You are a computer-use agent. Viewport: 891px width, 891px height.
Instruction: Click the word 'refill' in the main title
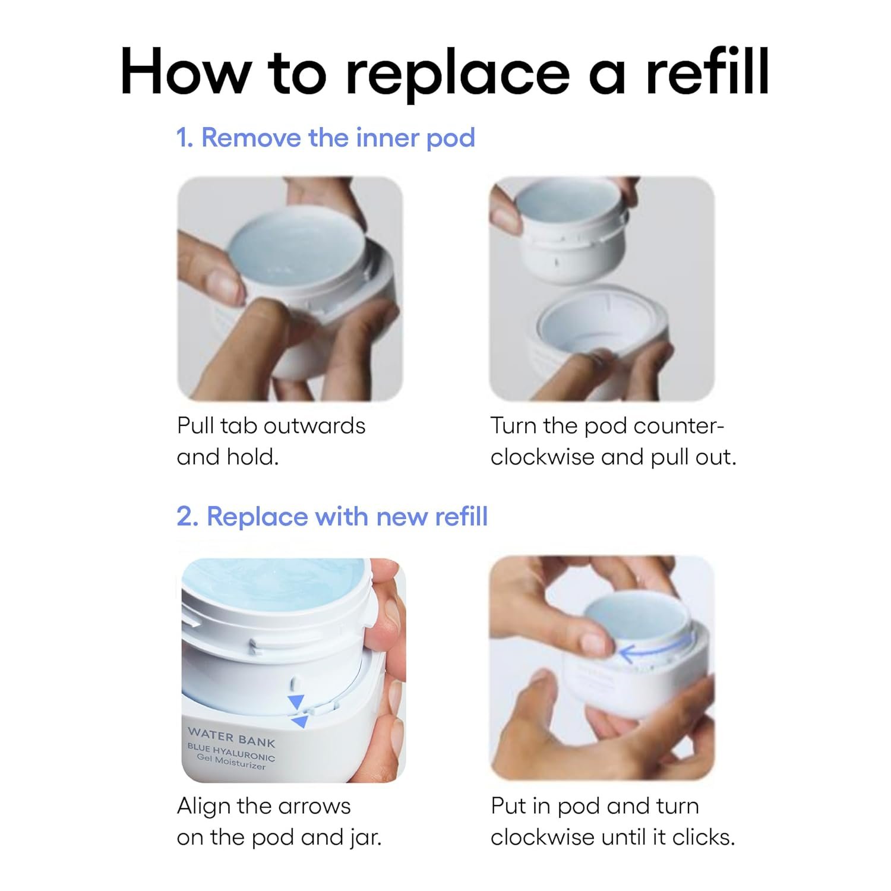tap(707, 72)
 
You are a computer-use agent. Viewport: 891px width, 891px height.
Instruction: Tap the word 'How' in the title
tap(185, 72)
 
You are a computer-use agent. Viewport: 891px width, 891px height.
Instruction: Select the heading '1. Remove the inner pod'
tap(326, 138)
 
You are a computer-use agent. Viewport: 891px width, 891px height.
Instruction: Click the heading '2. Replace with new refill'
tap(332, 516)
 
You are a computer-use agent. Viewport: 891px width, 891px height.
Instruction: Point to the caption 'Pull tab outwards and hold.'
tap(271, 441)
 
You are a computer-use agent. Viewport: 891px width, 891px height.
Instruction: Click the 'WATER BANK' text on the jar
tap(232, 737)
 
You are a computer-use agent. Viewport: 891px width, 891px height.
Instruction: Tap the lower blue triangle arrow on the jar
tap(300, 721)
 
